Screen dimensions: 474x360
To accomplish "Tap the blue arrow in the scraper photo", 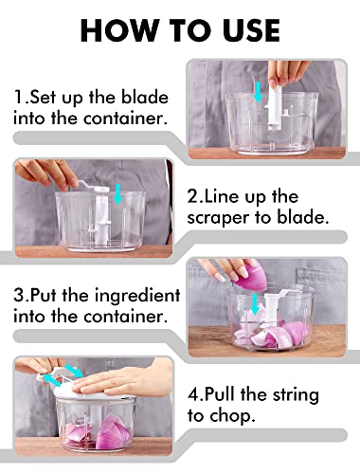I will (x=118, y=193).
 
